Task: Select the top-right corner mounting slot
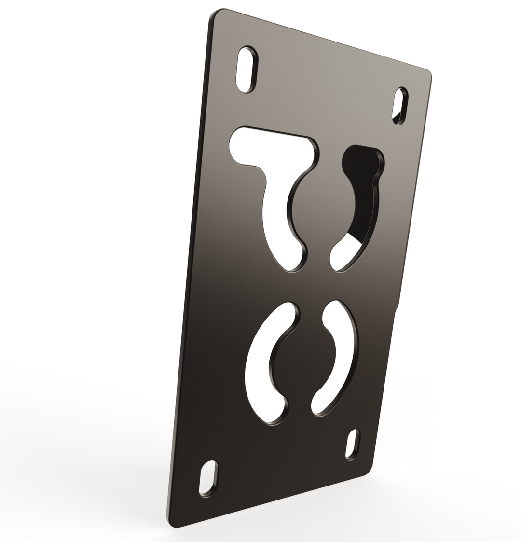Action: point(400,106)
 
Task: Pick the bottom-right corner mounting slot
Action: point(353,444)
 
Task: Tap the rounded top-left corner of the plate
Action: point(216,14)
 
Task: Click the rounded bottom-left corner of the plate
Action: point(173,522)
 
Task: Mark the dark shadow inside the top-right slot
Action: point(397,116)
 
